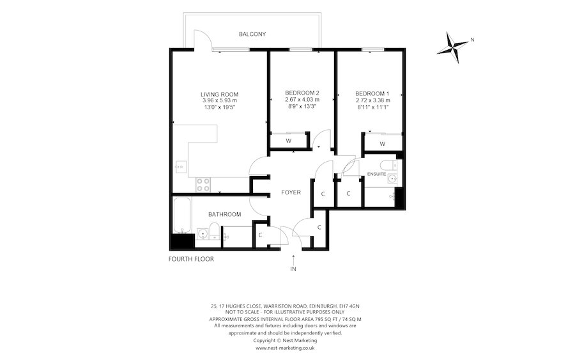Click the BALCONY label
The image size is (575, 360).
252,34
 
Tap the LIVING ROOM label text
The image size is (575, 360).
219,94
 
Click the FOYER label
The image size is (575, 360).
291,192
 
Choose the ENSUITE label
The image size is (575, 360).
376,173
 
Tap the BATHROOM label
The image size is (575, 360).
224,214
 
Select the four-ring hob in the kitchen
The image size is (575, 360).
204,184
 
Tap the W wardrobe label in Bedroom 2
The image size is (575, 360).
288,141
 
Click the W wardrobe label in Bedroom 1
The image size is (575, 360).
382,144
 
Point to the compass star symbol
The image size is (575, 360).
455,46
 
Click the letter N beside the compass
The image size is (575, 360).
471,40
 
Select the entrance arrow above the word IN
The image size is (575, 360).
293,258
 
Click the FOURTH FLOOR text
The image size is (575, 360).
191,260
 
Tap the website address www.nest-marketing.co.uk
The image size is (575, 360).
285,348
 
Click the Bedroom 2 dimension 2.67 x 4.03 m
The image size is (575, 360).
302,100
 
